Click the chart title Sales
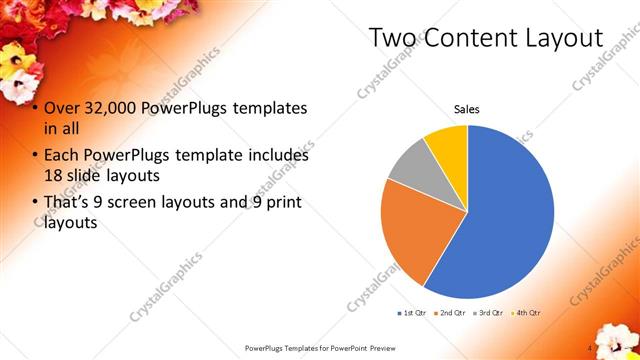click(467, 108)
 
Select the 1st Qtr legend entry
click(413, 313)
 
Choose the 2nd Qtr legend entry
click(452, 313)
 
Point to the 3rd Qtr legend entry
click(490, 313)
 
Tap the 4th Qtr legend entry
click(528, 313)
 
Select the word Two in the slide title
click(393, 38)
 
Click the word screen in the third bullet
click(147, 204)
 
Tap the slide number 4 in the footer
click(591, 348)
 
